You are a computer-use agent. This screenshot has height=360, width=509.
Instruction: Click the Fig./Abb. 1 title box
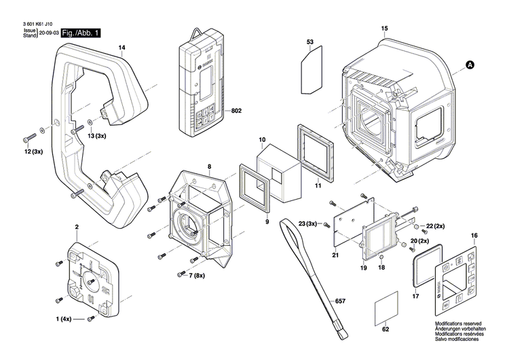point(81,33)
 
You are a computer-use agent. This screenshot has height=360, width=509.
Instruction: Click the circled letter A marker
point(470,65)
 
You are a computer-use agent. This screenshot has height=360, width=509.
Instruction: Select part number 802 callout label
point(237,110)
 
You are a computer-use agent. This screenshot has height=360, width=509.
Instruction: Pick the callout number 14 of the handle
point(122,47)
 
